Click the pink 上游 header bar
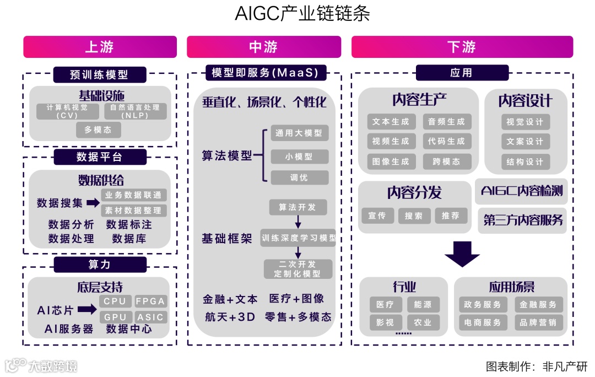(100, 47)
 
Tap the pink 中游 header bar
(263, 47)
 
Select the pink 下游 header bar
(462, 47)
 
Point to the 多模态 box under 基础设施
(98, 130)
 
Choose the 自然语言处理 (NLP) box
(135, 111)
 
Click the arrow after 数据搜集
(93, 203)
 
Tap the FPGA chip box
(150, 301)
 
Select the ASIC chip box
(150, 317)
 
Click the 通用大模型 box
(299, 133)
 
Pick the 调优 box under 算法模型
(299, 177)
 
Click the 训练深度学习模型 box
(298, 239)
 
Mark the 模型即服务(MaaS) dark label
(264, 72)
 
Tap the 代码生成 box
(446, 142)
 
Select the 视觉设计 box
(525, 122)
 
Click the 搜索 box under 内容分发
(414, 216)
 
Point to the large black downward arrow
(462, 254)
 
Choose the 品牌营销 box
(538, 322)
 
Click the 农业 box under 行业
(423, 322)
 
